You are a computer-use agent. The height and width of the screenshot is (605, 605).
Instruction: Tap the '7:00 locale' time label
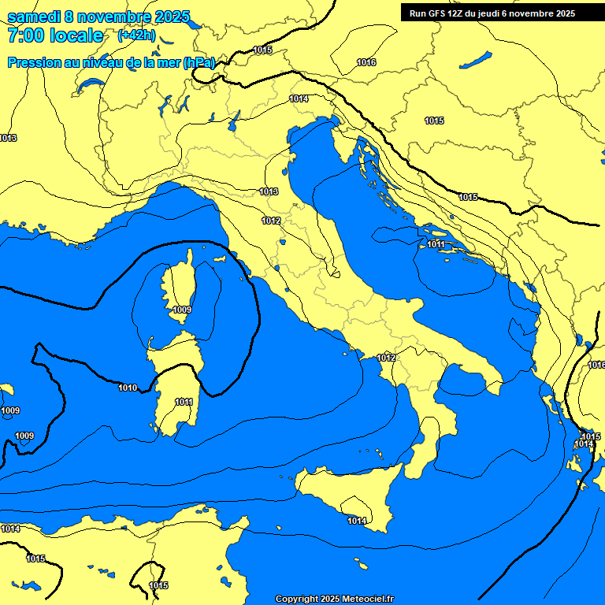tap(54, 35)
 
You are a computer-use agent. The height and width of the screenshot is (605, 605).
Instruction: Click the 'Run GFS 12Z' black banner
tap(488, 13)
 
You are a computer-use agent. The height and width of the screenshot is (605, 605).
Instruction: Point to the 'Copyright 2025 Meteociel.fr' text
tap(334, 599)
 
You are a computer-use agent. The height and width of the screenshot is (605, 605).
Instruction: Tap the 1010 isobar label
tap(128, 388)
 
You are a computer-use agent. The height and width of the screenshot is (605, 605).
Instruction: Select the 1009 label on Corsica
tap(181, 310)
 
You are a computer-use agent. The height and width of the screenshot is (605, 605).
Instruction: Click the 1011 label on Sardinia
tap(184, 402)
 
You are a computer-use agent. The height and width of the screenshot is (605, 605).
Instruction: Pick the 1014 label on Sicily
tap(357, 521)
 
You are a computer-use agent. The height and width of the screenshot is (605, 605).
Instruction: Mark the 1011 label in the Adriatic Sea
tap(436, 245)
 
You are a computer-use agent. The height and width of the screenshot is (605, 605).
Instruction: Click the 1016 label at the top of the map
tap(366, 62)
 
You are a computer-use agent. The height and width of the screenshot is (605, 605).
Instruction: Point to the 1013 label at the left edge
tap(8, 138)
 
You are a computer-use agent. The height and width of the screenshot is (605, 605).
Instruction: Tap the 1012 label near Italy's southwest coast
tap(386, 358)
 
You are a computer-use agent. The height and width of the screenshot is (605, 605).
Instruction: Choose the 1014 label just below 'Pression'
tap(299, 98)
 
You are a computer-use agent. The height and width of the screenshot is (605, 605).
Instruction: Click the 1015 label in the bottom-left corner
tap(35, 559)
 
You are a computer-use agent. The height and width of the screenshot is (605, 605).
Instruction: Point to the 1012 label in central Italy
tap(272, 221)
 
